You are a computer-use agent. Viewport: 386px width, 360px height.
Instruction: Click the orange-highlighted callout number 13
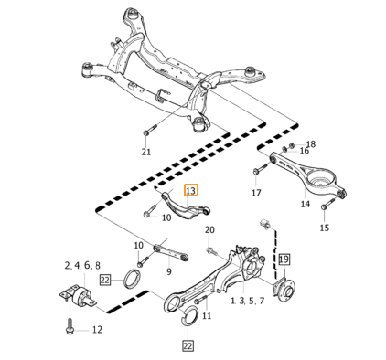(x=191, y=191)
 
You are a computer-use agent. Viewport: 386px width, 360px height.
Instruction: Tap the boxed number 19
(x=284, y=259)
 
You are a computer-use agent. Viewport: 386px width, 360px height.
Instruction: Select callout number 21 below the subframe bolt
(x=146, y=152)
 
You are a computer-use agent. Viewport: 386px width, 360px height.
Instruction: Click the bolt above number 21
(x=149, y=130)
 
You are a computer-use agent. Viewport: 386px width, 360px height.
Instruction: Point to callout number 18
(x=311, y=144)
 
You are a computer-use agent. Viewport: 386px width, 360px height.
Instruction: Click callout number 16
(x=305, y=151)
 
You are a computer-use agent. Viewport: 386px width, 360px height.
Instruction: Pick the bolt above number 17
(x=261, y=169)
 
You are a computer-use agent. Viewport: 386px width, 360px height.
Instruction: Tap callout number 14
(x=306, y=204)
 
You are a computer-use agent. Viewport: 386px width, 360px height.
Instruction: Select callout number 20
(x=209, y=230)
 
